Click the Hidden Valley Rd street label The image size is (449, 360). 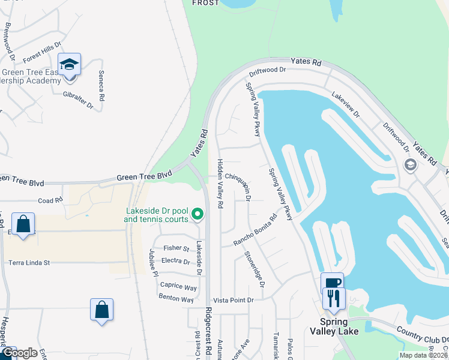(x=220, y=184)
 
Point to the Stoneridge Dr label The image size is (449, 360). (x=255, y=268)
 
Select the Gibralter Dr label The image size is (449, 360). (x=79, y=100)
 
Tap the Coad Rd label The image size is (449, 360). (x=50, y=200)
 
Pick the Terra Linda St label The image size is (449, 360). (x=29, y=262)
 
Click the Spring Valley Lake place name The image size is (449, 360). (x=335, y=331)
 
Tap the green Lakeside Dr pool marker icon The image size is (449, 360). (x=196, y=214)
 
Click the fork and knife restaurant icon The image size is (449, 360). (x=334, y=298)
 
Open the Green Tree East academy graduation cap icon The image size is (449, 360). (x=69, y=64)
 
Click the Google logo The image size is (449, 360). (x=19, y=353)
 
